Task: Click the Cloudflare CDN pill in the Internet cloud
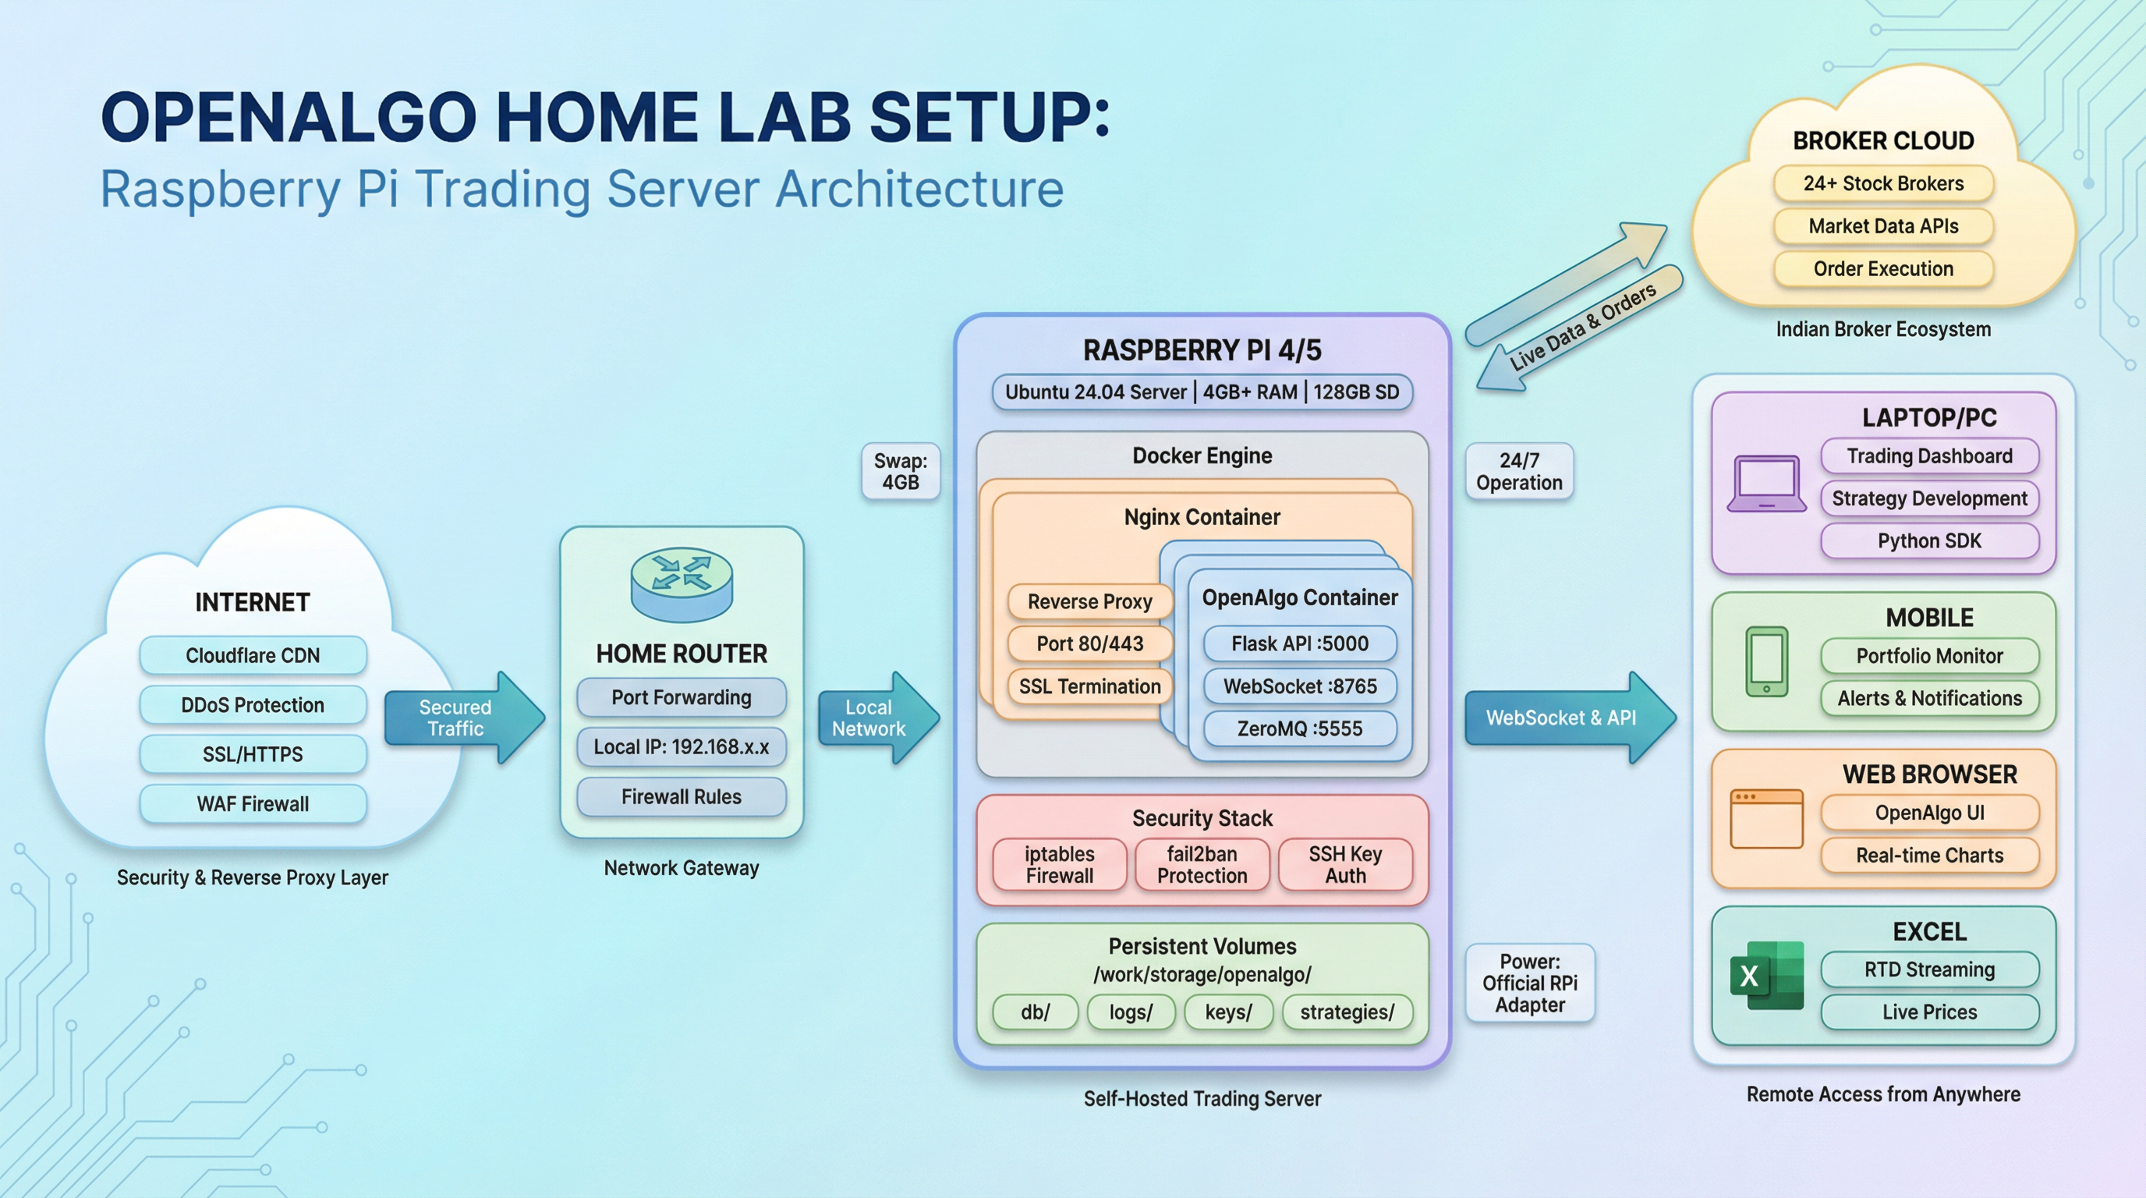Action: pyautogui.click(x=253, y=656)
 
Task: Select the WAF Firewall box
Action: pyautogui.click(x=253, y=804)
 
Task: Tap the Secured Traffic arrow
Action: pyautogui.click(x=464, y=718)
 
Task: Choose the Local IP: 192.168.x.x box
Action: pyautogui.click(x=682, y=746)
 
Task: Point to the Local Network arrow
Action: pyautogui.click(x=878, y=718)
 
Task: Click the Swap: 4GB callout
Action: pyautogui.click(x=901, y=472)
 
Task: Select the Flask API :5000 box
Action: pyautogui.click(x=1300, y=643)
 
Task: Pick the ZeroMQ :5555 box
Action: pyautogui.click(x=1300, y=729)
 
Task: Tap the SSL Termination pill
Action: pyautogui.click(x=1089, y=686)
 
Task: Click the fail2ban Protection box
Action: pyautogui.click(x=1202, y=865)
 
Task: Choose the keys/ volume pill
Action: pyautogui.click(x=1228, y=1012)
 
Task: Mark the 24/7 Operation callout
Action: pyautogui.click(x=1519, y=472)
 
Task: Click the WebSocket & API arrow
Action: pyautogui.click(x=1570, y=718)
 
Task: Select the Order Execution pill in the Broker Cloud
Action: pyautogui.click(x=1882, y=269)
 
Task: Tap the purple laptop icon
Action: pyautogui.click(x=1766, y=484)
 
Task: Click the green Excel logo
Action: pyautogui.click(x=1767, y=976)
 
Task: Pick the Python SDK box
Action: pyautogui.click(x=1929, y=541)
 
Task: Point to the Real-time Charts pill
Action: pyautogui.click(x=1929, y=856)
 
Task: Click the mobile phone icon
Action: pyautogui.click(x=1766, y=661)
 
